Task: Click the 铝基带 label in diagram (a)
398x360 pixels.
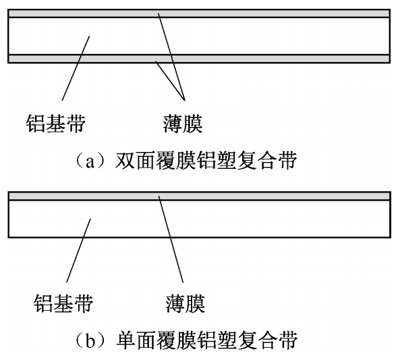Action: [x=56, y=124]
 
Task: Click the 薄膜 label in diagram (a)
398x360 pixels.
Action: [x=183, y=124]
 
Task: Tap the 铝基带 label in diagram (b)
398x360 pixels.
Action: [x=63, y=303]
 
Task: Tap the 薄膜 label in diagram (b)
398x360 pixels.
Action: [x=186, y=303]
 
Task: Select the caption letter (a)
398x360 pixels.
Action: [x=90, y=161]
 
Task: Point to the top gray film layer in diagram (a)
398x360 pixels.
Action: [x=199, y=14]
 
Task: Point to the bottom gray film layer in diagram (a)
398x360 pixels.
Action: [x=199, y=59]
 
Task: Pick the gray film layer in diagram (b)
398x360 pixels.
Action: [x=200, y=196]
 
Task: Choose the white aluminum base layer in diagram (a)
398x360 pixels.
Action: [x=199, y=36]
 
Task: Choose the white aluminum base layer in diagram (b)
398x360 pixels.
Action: [x=200, y=219]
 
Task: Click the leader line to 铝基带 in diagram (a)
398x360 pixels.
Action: [x=76, y=68]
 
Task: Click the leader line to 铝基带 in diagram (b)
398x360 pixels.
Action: [x=78, y=251]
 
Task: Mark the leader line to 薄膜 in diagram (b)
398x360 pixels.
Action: [x=171, y=239]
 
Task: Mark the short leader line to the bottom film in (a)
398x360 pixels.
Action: [x=170, y=81]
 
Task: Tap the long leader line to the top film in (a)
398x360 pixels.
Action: [x=171, y=57]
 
